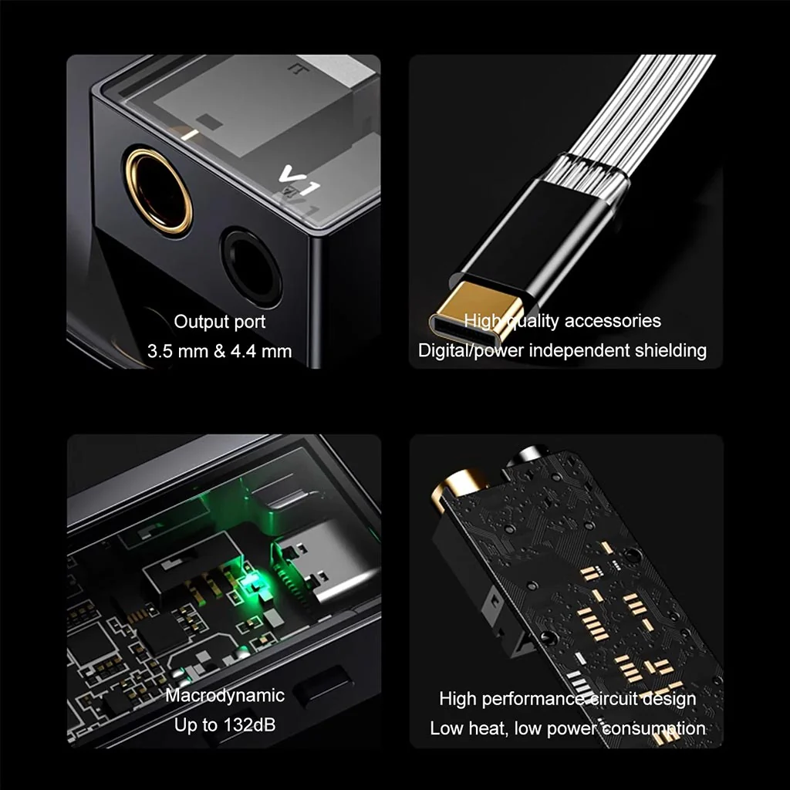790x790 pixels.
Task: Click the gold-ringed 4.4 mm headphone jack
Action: [x=159, y=190]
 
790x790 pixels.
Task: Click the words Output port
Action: [x=219, y=322]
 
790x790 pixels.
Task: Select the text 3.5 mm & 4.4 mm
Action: [x=219, y=352]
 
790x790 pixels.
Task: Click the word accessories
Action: [x=613, y=321]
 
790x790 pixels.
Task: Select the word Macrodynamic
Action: [x=225, y=696]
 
